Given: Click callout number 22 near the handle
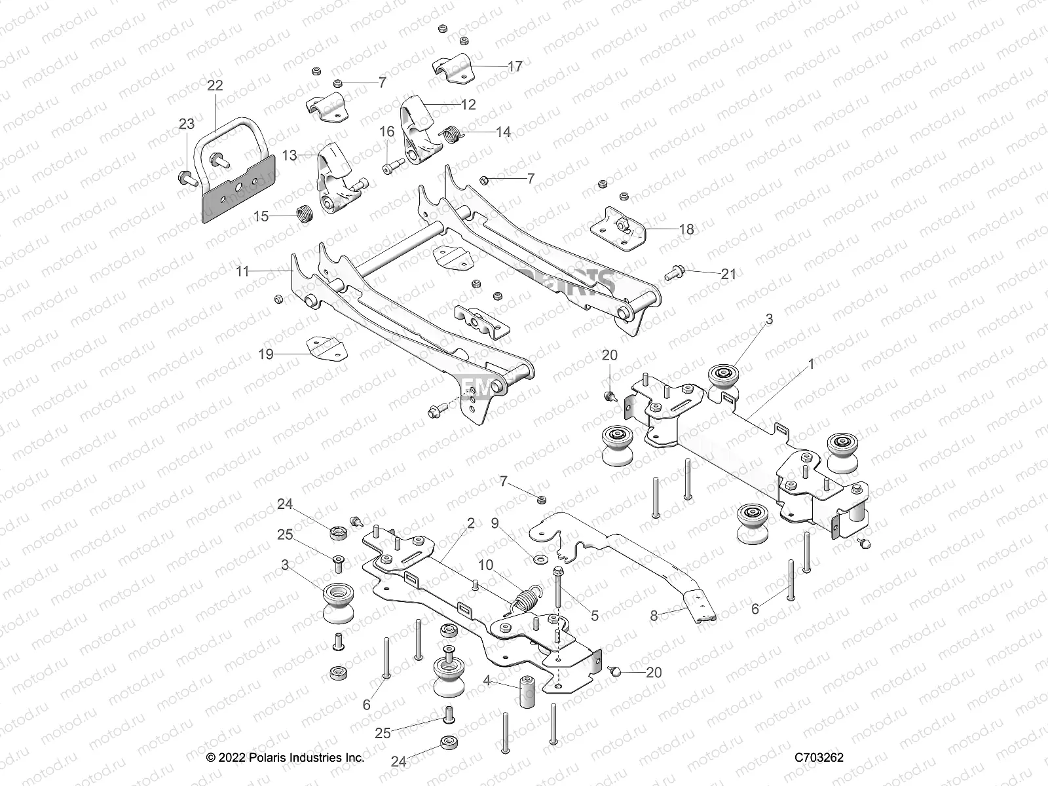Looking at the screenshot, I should [x=215, y=85].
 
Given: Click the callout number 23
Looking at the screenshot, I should [x=187, y=124].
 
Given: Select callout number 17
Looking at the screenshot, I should [x=515, y=67].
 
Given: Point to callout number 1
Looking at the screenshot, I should [x=811, y=364].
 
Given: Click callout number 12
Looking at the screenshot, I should [x=468, y=104].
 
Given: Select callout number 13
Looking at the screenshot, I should [x=290, y=155].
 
